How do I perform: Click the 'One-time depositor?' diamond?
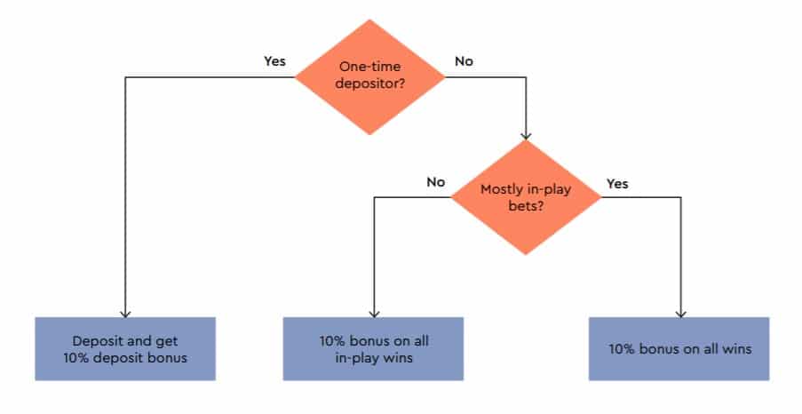tap(369, 77)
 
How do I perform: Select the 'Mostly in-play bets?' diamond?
tap(526, 197)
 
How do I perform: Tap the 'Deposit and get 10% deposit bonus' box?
tap(125, 349)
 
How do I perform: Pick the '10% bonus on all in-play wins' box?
tap(373, 349)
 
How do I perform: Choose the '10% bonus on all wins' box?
tap(679, 349)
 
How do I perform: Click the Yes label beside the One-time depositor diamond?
tap(274, 61)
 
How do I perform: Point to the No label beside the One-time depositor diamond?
tap(464, 61)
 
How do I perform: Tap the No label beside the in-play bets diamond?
tap(436, 181)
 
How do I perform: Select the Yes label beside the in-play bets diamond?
tap(617, 184)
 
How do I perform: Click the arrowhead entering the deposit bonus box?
tap(125, 314)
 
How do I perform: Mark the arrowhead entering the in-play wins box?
tap(375, 314)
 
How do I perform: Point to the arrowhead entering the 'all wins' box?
tap(681, 314)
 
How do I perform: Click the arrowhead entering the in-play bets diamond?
tap(526, 136)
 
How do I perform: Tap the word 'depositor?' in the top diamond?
tap(369, 84)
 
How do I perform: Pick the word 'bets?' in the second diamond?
tap(526, 206)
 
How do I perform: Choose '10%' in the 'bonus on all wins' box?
tap(622, 349)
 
